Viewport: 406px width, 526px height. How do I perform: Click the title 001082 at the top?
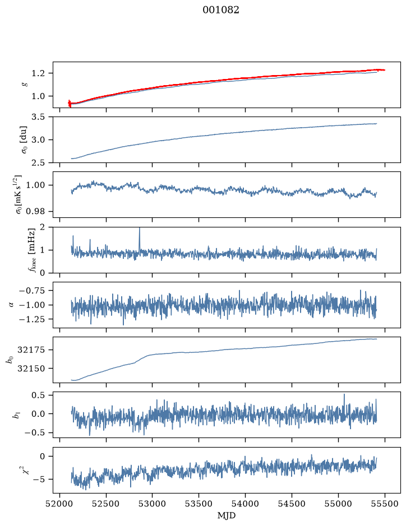[220, 10]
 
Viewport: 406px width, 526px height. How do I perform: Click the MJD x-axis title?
[227, 515]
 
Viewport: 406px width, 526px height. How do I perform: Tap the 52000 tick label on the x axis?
[60, 504]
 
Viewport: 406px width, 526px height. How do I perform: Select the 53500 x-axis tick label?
[199, 504]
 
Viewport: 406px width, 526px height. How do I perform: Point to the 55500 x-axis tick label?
[385, 504]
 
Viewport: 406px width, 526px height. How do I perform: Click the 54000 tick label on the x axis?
[245, 504]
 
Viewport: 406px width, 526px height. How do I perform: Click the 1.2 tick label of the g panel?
[38, 73]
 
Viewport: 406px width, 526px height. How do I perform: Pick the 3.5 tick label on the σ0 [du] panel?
[38, 117]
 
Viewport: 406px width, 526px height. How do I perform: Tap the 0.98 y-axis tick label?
[35, 211]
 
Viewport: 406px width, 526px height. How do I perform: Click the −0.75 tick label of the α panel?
[31, 291]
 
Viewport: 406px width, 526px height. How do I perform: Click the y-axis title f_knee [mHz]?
[32, 250]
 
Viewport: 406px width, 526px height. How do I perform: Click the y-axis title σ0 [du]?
[25, 139]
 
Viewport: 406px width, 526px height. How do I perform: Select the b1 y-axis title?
[16, 415]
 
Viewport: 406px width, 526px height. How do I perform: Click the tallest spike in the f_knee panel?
[140, 228]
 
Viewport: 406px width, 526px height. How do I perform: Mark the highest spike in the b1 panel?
[344, 394]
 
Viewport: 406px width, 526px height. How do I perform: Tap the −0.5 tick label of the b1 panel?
[35, 433]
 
